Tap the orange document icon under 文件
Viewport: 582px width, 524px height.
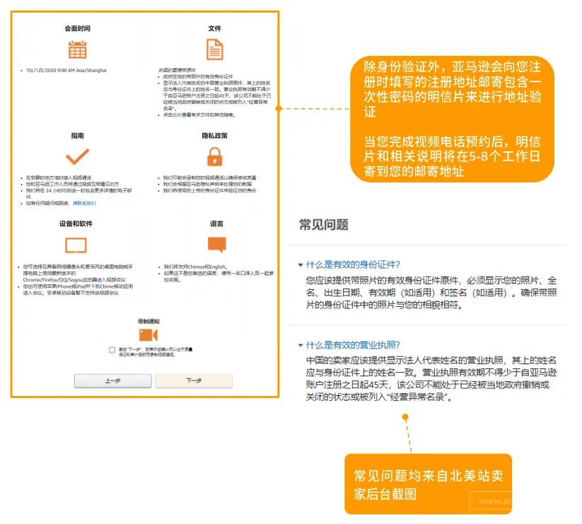pyautogui.click(x=214, y=50)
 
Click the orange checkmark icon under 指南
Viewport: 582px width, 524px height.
pyautogui.click(x=77, y=156)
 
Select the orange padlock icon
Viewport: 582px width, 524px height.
pyautogui.click(x=214, y=156)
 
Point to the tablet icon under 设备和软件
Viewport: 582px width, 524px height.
pyautogui.click(x=76, y=245)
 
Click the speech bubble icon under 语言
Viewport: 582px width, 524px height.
pyautogui.click(x=216, y=245)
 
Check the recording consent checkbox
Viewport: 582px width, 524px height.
pyautogui.click(x=112, y=350)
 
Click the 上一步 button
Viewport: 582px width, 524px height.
pyautogui.click(x=112, y=380)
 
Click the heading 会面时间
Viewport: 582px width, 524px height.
pyautogui.click(x=77, y=28)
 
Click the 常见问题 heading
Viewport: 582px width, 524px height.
pyautogui.click(x=324, y=225)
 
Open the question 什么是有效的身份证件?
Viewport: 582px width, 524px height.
pyautogui.click(x=354, y=264)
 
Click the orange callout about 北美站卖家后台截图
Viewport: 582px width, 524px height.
pyautogui.click(x=427, y=484)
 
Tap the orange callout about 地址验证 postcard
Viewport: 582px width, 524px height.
pyautogui.click(x=452, y=119)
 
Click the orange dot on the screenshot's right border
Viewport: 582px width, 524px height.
pyautogui.click(x=279, y=108)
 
